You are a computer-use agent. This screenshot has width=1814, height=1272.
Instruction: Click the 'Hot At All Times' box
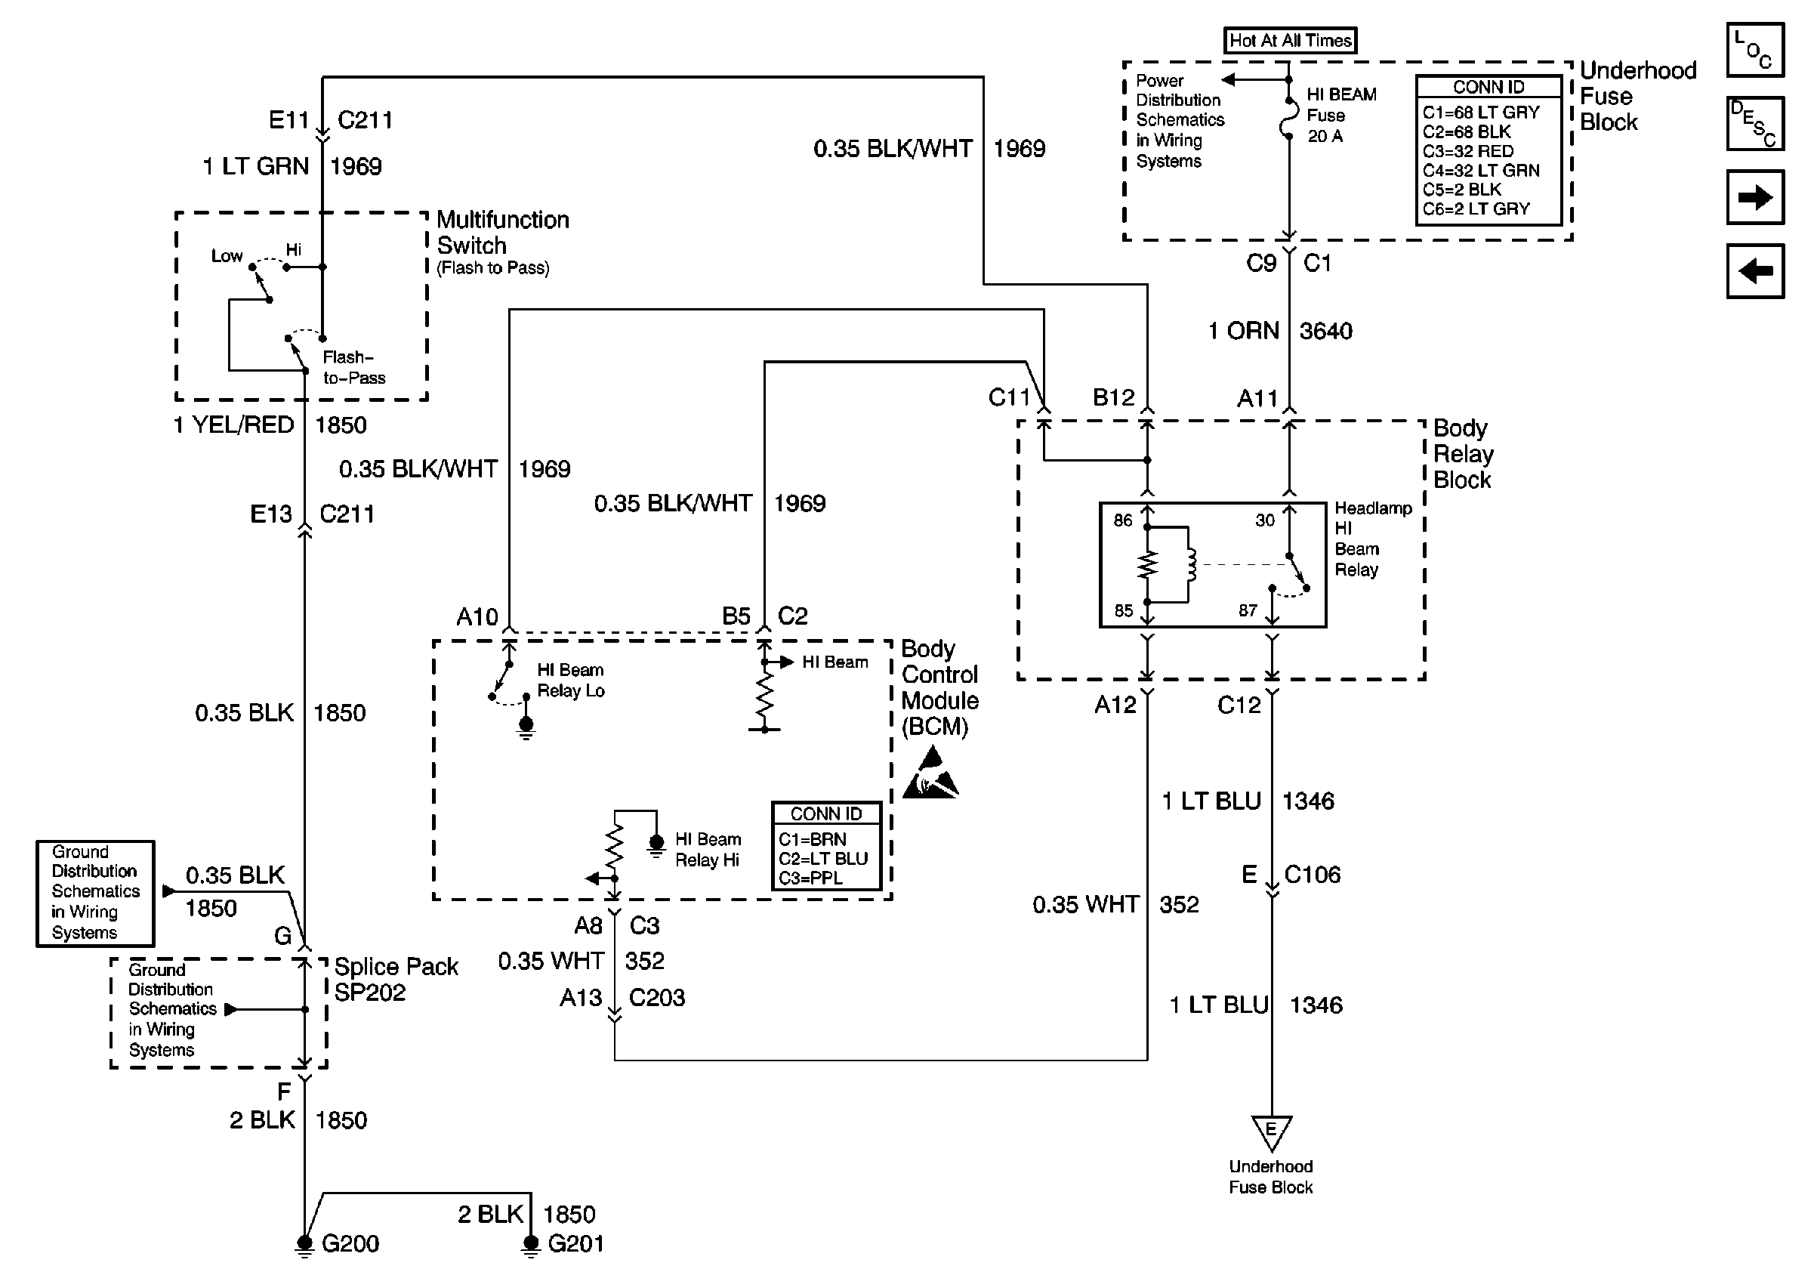(x=1289, y=40)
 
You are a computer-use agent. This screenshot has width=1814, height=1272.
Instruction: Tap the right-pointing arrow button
(x=1755, y=196)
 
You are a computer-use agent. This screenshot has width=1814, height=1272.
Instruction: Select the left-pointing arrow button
(x=1755, y=271)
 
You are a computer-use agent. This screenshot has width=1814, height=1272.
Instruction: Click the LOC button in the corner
(x=1755, y=50)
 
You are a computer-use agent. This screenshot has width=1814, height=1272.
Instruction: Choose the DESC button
(x=1755, y=123)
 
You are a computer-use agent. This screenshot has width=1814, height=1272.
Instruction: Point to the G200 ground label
(x=350, y=1243)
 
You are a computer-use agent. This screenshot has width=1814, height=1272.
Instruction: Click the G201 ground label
(x=576, y=1243)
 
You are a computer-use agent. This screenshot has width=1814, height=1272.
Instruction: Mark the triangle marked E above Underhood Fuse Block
(x=1271, y=1132)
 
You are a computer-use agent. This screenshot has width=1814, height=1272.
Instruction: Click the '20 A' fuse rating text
(x=1325, y=136)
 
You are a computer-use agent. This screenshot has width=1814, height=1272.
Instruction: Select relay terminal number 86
(x=1123, y=520)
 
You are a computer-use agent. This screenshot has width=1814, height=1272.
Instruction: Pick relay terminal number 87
(x=1248, y=610)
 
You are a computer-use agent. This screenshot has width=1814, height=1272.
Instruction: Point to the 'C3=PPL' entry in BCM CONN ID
(x=810, y=878)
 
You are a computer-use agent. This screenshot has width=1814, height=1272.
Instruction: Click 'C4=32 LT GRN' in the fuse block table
(x=1482, y=170)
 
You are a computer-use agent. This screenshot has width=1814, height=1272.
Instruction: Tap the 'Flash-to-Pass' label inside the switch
(x=353, y=367)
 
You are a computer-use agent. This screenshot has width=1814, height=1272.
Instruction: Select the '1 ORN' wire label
(x=1244, y=330)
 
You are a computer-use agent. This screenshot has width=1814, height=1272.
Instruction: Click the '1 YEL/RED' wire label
(x=234, y=425)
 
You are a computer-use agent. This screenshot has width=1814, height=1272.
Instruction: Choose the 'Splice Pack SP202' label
(x=396, y=979)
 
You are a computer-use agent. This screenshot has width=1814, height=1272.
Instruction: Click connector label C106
(x=1313, y=875)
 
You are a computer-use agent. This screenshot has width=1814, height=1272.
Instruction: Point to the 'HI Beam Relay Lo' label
(x=570, y=681)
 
